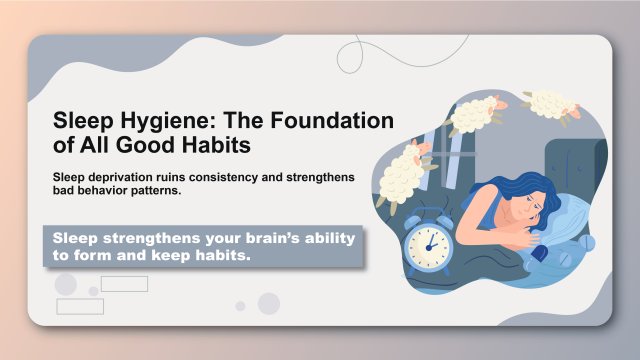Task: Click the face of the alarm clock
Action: click(428, 241)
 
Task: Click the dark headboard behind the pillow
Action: click(575, 165)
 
